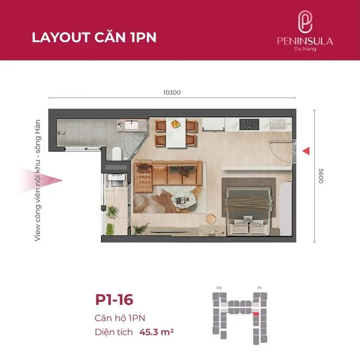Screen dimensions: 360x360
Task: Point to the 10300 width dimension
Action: pyautogui.click(x=173, y=93)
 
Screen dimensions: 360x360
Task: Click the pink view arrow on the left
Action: pyautogui.click(x=54, y=181)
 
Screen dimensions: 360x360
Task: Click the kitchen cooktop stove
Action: pyautogui.click(x=250, y=124)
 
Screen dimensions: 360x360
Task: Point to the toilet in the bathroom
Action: pyautogui.click(x=116, y=152)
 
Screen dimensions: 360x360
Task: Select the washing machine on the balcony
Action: pyautogui.click(x=114, y=179)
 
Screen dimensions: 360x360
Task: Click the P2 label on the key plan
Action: pyautogui.click(x=219, y=287)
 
